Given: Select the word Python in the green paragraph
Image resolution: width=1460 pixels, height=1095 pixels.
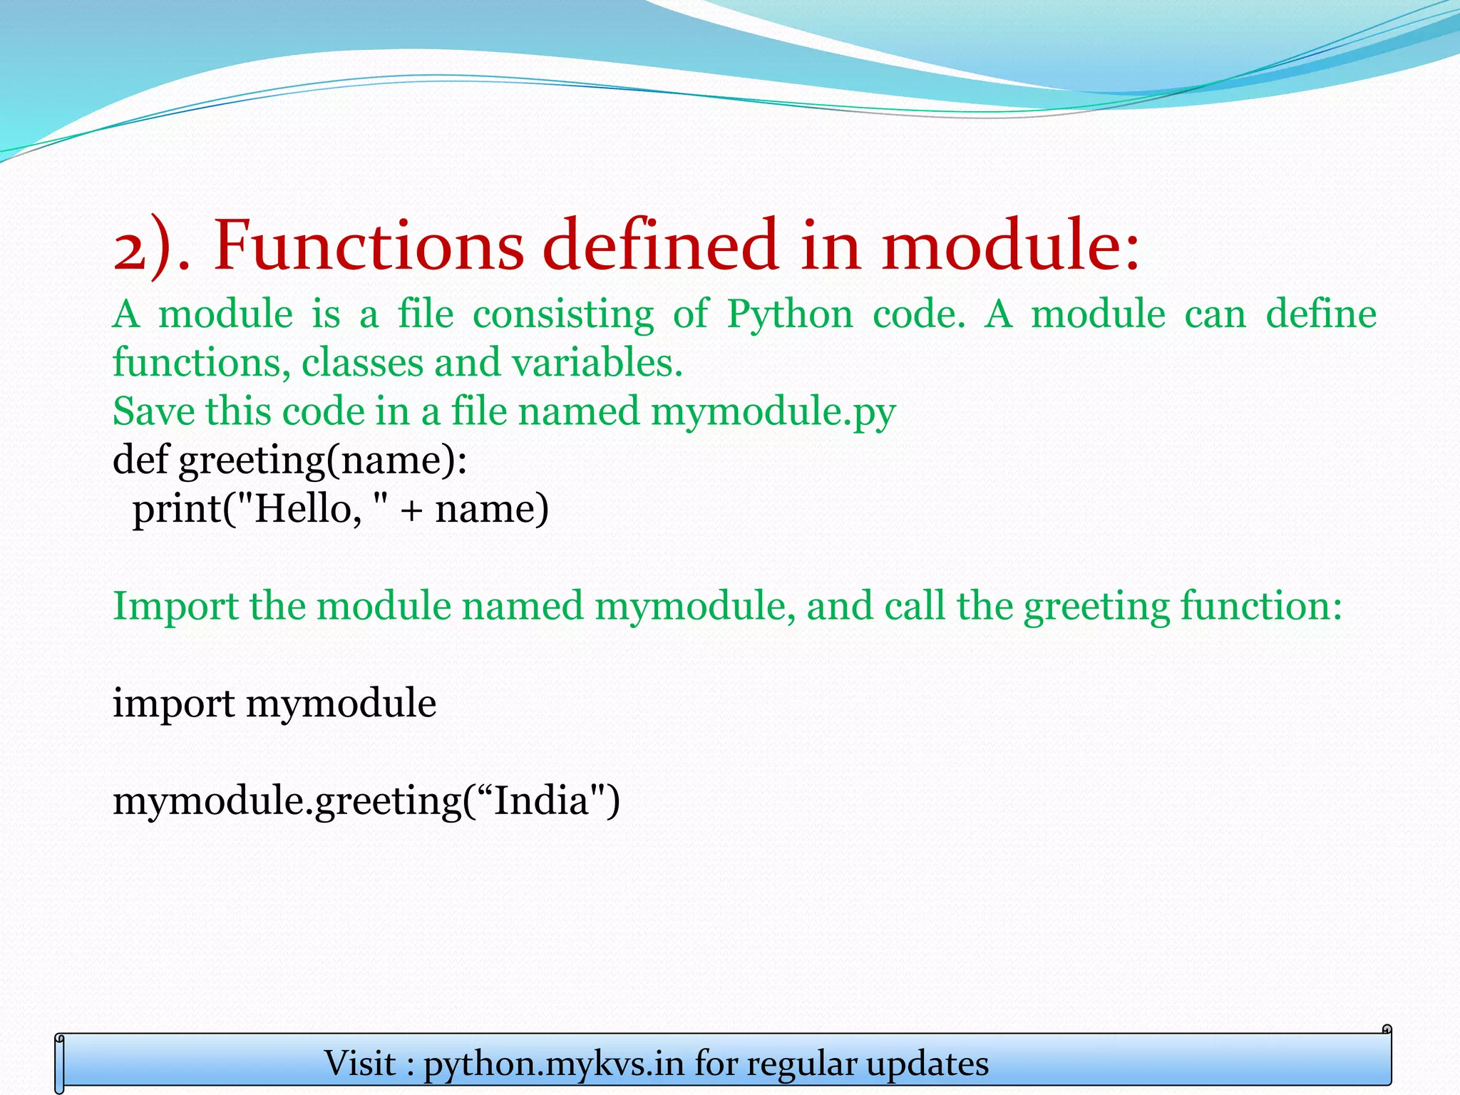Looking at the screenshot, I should click(789, 314).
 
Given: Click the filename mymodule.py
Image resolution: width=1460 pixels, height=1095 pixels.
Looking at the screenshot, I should click(773, 412).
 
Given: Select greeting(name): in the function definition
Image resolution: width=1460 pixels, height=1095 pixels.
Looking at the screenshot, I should click(323, 461).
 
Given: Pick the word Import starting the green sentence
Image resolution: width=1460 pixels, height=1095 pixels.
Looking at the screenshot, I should click(175, 607).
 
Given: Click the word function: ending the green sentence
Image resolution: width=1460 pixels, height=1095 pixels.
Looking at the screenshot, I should click(1260, 606).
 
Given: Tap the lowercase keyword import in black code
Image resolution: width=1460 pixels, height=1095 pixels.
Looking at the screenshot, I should click(173, 704).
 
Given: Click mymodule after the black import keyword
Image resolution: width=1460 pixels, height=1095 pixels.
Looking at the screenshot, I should click(341, 704).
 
